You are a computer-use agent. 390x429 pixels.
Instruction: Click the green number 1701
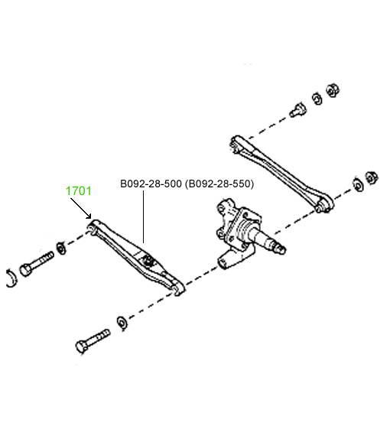[79, 190]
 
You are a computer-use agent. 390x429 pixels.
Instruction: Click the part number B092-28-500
[151, 184]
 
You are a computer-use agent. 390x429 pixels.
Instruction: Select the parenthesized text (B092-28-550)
[219, 184]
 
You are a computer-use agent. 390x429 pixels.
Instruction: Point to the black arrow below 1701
[81, 208]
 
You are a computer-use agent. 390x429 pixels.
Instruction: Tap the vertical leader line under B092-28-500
[143, 217]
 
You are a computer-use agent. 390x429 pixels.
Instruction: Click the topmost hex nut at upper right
[333, 90]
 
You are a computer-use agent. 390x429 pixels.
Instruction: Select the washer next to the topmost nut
[317, 99]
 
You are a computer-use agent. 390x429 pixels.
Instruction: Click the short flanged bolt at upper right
[297, 110]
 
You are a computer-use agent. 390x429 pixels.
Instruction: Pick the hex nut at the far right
[372, 177]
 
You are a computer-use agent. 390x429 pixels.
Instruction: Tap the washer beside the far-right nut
[358, 185]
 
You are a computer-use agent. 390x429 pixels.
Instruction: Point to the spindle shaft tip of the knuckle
[282, 249]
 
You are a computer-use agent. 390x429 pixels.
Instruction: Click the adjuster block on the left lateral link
[148, 260]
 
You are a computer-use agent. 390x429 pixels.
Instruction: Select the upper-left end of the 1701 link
[93, 226]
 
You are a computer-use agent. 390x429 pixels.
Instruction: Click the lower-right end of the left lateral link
[178, 289]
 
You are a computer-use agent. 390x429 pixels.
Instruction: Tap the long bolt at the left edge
[37, 264]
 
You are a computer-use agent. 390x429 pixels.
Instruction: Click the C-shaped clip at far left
[11, 278]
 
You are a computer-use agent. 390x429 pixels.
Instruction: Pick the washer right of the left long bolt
[60, 248]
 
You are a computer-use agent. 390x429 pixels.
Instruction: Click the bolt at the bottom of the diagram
[93, 340]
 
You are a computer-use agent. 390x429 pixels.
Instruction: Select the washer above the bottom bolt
[122, 323]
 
